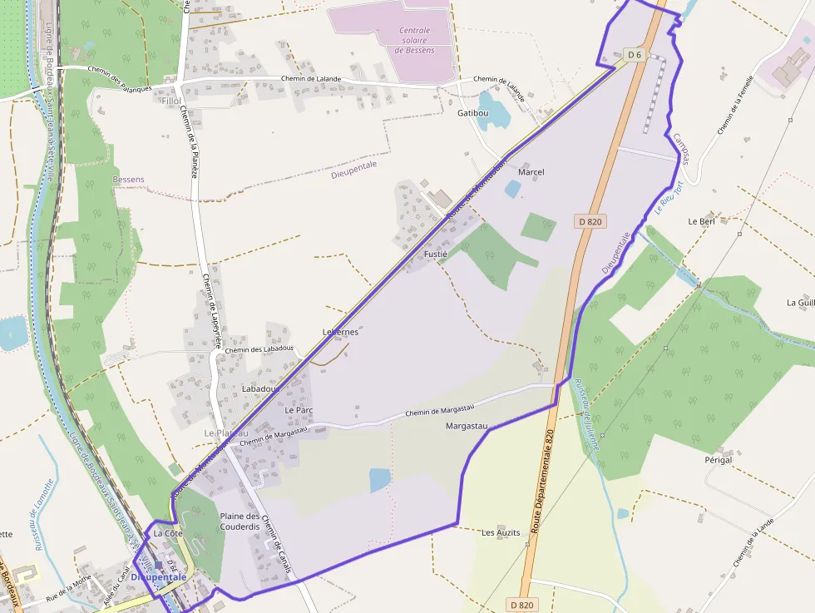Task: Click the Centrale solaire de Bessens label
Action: tap(414, 40)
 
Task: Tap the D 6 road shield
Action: tap(635, 55)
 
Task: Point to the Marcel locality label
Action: tap(531, 172)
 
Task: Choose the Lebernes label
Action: tap(340, 332)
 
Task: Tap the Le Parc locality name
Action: tap(299, 410)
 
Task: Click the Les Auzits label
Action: tap(501, 532)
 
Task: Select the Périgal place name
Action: tap(718, 460)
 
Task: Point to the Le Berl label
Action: tap(701, 222)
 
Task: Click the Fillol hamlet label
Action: tap(171, 101)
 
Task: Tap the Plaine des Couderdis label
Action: tap(240, 522)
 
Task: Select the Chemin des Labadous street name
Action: tap(259, 349)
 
